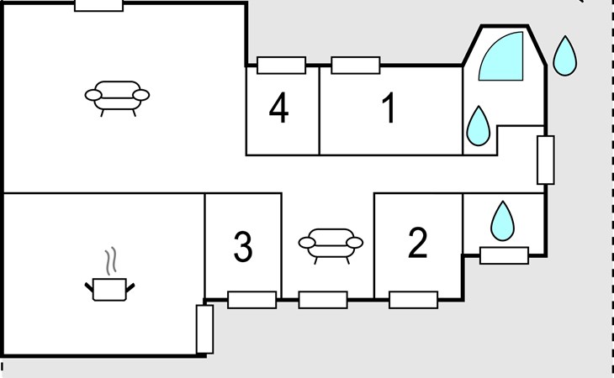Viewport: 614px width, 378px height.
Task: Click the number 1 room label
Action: pyautogui.click(x=389, y=110)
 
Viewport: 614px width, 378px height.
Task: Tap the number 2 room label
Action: pyautogui.click(x=417, y=244)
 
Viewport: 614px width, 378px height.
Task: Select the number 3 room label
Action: pyautogui.click(x=242, y=247)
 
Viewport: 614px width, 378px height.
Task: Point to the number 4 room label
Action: pyautogui.click(x=279, y=109)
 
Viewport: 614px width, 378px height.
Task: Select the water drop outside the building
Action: pyautogui.click(x=565, y=55)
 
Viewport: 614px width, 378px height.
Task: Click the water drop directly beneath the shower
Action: pyautogui.click(x=479, y=126)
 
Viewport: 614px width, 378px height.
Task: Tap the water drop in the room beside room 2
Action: pyautogui.click(x=503, y=221)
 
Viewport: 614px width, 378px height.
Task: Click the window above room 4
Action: pyautogui.click(x=281, y=65)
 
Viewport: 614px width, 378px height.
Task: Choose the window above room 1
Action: pyautogui.click(x=355, y=65)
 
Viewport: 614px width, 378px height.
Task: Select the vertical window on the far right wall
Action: pyautogui.click(x=545, y=160)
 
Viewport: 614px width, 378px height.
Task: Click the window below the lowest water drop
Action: pyautogui.click(x=504, y=255)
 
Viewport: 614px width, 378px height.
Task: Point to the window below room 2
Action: pyautogui.click(x=413, y=300)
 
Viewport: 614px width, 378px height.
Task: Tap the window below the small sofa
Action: pyautogui.click(x=323, y=300)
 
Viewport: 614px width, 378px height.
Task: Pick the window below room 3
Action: pyautogui.click(x=251, y=300)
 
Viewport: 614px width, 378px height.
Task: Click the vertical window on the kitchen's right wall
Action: pyautogui.click(x=204, y=328)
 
